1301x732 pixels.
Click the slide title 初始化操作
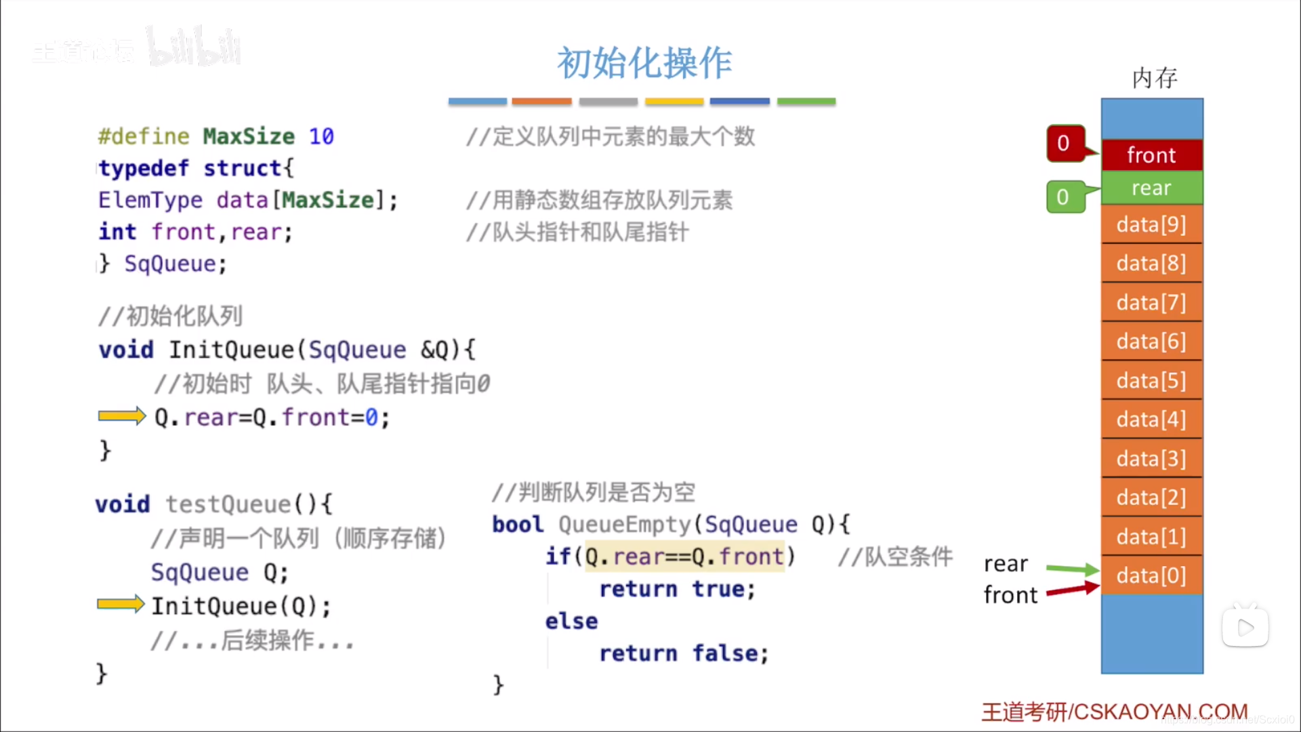click(x=644, y=63)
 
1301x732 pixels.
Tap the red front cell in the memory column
click(x=1151, y=155)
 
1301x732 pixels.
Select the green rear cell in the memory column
click(x=1151, y=188)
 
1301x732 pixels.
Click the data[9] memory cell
click(x=1151, y=225)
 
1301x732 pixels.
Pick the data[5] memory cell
click(x=1151, y=381)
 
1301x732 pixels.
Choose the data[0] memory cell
click(x=1151, y=575)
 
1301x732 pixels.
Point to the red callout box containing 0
click(x=1065, y=143)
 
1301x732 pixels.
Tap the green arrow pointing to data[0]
click(x=1072, y=568)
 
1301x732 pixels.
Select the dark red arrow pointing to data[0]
click(x=1072, y=590)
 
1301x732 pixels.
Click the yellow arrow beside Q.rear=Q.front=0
click(x=121, y=415)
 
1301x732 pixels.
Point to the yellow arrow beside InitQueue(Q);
click(x=120, y=603)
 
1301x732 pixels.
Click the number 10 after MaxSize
click(x=321, y=136)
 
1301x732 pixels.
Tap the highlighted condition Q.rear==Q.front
click(x=684, y=556)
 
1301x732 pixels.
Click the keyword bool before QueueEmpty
click(x=518, y=524)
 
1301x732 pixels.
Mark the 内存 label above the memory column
click(x=1155, y=78)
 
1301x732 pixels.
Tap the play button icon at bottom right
click(x=1245, y=628)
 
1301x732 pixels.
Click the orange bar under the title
click(x=541, y=102)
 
